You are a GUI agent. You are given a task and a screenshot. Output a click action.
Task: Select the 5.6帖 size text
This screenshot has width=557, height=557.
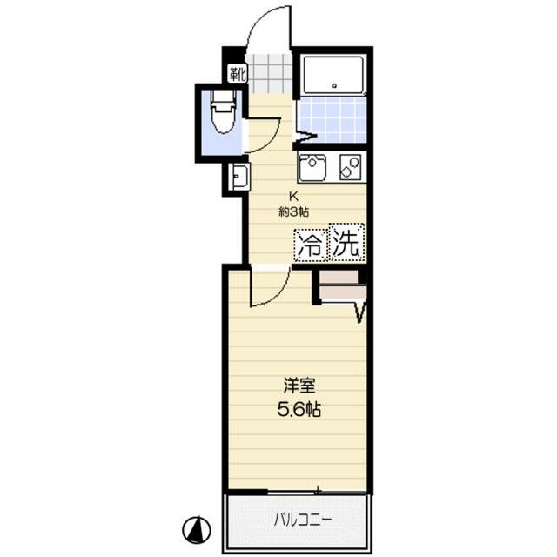[299, 409]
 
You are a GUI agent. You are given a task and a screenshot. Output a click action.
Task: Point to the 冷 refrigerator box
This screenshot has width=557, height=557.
[310, 245]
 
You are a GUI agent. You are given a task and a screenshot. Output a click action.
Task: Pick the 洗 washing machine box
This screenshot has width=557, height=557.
[346, 245]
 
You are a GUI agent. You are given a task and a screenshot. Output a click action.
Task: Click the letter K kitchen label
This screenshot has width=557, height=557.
[294, 196]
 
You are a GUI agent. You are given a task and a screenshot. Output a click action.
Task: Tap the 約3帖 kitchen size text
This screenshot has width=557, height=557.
[295, 211]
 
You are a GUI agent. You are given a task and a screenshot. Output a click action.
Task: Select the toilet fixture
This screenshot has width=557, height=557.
[222, 117]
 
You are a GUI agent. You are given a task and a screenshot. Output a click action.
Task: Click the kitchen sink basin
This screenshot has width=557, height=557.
[313, 166]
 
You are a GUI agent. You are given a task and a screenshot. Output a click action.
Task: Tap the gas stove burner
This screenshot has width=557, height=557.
[350, 166]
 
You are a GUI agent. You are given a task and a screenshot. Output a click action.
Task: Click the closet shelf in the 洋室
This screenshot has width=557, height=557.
[340, 285]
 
